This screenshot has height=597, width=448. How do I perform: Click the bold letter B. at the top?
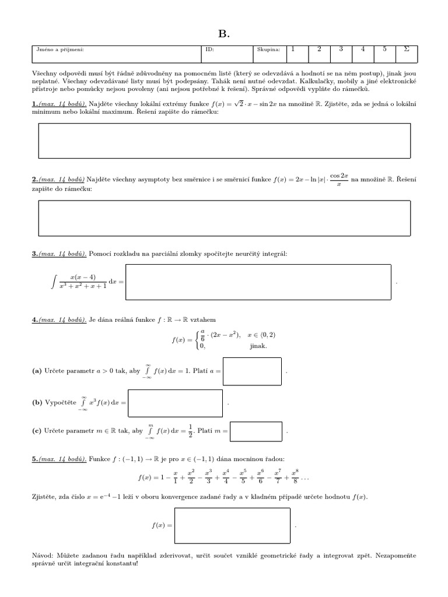point(224,34)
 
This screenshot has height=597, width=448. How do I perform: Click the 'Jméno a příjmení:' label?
point(60,50)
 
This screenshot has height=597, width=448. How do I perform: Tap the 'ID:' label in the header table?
point(210,50)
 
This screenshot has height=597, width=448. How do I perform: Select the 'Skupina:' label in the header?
point(268,50)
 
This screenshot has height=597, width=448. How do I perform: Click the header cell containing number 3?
point(341,50)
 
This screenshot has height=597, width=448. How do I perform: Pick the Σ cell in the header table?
point(406,50)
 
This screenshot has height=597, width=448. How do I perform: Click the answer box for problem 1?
point(224,141)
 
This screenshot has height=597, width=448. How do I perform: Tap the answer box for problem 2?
point(224,217)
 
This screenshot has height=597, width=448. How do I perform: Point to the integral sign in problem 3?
point(54,283)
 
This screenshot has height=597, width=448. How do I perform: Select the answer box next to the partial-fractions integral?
point(258,282)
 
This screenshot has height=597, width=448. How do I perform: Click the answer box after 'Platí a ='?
point(252,371)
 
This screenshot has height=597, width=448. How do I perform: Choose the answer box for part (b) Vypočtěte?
point(175,403)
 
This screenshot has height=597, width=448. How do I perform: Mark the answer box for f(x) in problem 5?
point(232,525)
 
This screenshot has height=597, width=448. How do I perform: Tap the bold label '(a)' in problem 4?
point(37,371)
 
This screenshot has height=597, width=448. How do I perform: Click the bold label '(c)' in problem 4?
point(37,431)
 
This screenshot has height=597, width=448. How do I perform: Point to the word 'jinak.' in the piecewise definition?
point(258,346)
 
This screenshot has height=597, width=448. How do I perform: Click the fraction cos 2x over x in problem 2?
point(339,180)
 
